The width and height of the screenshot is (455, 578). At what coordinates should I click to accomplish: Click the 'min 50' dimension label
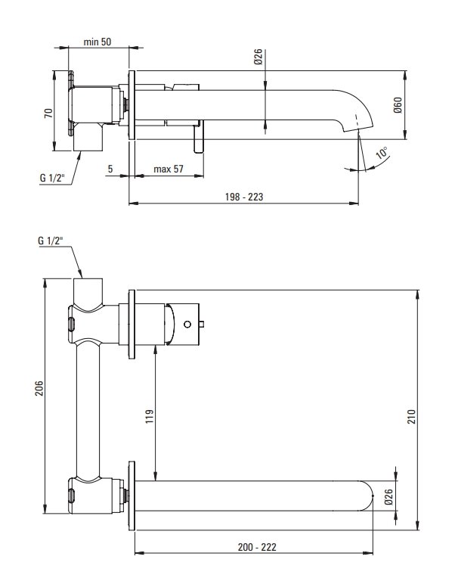click(x=97, y=42)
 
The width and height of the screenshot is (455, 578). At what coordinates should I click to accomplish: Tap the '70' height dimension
click(x=48, y=113)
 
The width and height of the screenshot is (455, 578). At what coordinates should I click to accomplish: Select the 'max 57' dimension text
click(x=169, y=169)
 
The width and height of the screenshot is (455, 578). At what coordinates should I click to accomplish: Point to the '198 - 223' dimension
click(x=244, y=197)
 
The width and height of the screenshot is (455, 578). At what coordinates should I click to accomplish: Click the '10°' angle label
click(x=382, y=153)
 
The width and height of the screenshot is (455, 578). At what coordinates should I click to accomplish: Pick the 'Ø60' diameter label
click(x=398, y=105)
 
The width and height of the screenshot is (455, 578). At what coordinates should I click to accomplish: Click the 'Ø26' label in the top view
click(x=258, y=57)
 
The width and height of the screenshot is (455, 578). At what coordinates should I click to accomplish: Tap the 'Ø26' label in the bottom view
click(x=388, y=497)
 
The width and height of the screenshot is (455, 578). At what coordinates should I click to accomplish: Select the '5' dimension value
click(x=110, y=169)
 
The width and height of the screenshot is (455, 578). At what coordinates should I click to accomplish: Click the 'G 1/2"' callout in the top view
click(x=51, y=178)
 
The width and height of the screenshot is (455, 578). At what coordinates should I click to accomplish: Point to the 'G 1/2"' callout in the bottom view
click(x=50, y=241)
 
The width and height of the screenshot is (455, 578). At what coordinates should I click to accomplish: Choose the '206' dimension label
click(x=39, y=389)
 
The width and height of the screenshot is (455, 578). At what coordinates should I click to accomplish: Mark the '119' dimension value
click(x=150, y=416)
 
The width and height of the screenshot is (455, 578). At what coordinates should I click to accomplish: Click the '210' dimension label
click(x=412, y=416)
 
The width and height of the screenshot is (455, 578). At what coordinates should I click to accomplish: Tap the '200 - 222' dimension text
click(x=257, y=547)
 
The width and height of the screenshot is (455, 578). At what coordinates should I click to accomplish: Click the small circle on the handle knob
click(x=187, y=325)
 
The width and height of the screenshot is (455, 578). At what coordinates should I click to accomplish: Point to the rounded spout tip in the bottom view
click(x=367, y=496)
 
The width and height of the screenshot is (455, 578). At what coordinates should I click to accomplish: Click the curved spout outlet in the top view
click(x=359, y=110)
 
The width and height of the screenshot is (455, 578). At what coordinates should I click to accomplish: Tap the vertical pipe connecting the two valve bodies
click(x=88, y=409)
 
